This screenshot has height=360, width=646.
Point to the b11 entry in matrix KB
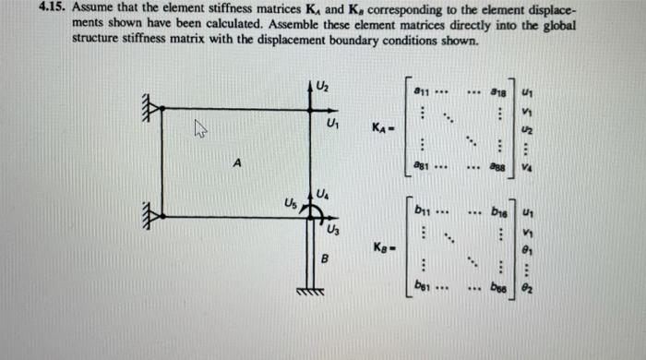425,210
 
